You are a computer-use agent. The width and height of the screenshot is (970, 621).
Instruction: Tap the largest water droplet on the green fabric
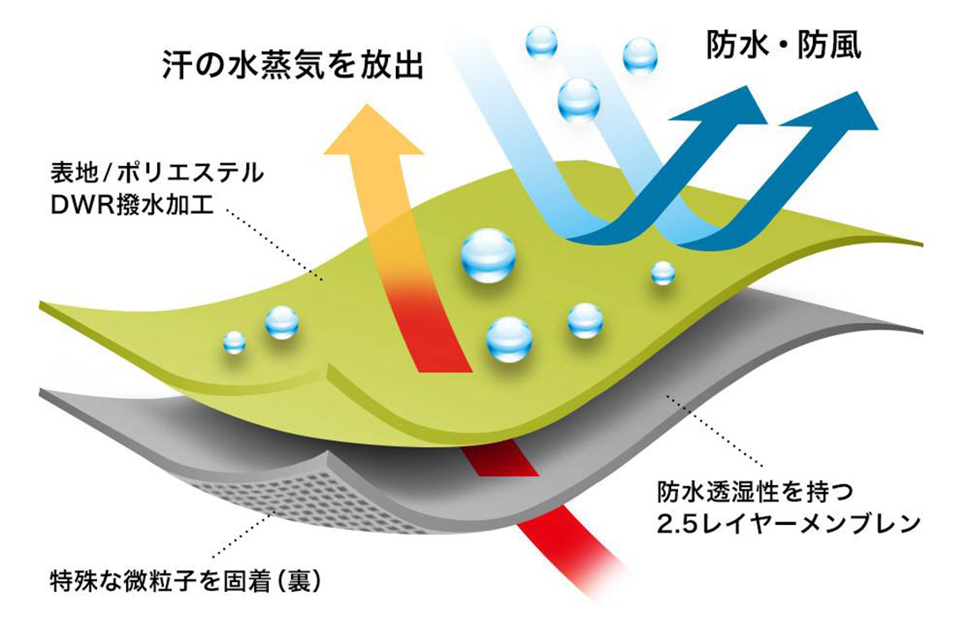tap(488, 256)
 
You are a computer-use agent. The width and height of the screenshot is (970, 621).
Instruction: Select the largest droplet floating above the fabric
tap(578, 101)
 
